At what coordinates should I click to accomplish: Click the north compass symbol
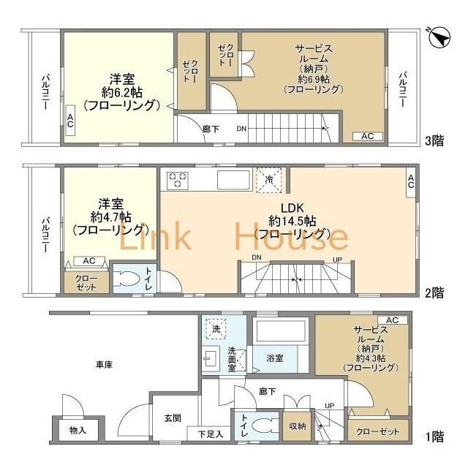point(439,37)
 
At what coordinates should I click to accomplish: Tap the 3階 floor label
point(434,140)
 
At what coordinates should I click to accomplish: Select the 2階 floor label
point(434,292)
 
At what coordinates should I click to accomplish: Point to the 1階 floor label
point(434,437)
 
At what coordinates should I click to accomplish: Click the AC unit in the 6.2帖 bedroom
point(70,120)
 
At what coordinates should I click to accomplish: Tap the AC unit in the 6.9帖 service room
point(367,136)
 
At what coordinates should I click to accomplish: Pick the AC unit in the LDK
point(411,182)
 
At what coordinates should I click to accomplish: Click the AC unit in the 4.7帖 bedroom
point(89,261)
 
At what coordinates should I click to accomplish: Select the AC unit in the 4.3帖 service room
point(392,320)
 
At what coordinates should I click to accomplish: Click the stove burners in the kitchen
point(177,181)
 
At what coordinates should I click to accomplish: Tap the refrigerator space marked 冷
point(269,180)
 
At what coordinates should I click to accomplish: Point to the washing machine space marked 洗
point(216,329)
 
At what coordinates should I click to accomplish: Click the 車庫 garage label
point(104,365)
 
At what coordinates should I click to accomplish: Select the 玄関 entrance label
point(173,418)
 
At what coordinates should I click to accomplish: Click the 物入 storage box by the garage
point(78,430)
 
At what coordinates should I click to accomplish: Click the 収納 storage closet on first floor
point(298,426)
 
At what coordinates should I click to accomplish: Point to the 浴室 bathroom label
point(275,358)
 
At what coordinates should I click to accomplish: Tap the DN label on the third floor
point(241,129)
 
